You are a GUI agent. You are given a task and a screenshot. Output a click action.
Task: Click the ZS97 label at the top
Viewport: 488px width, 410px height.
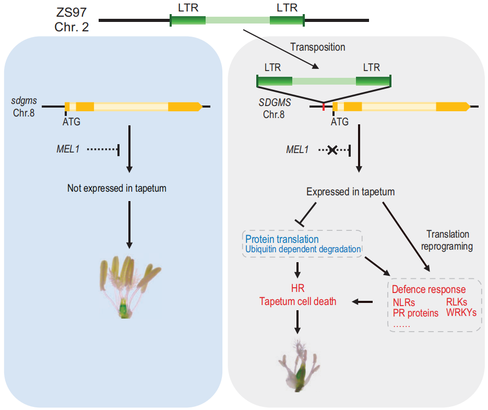pyautogui.click(x=71, y=13)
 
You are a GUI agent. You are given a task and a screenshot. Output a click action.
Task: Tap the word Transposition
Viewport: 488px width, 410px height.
pyautogui.click(x=317, y=47)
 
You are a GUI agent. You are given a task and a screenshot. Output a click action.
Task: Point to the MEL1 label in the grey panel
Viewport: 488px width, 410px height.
pyautogui.click(x=297, y=150)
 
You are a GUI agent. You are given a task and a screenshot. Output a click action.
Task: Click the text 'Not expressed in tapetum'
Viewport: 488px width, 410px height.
pyautogui.click(x=117, y=188)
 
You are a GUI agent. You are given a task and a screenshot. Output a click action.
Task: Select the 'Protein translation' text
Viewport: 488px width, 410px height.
pyautogui.click(x=282, y=239)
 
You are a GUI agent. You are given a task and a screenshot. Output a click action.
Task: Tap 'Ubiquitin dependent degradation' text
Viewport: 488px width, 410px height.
pyautogui.click(x=303, y=249)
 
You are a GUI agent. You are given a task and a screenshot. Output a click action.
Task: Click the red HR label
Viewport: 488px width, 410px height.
pyautogui.click(x=297, y=288)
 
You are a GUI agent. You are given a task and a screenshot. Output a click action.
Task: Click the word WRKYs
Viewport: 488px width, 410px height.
pyautogui.click(x=461, y=312)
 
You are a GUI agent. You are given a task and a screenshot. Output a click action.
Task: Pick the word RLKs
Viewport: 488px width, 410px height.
pyautogui.click(x=457, y=302)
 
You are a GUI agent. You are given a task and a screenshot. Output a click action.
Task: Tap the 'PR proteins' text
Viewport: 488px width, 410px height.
pyautogui.click(x=415, y=313)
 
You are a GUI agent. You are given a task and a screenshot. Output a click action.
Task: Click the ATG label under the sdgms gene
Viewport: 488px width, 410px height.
pyautogui.click(x=72, y=122)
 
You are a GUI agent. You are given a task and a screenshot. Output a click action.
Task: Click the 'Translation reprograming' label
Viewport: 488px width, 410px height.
pyautogui.click(x=447, y=240)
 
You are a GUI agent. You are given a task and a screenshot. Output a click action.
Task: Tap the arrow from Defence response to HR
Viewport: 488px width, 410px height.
pyautogui.click(x=363, y=301)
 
